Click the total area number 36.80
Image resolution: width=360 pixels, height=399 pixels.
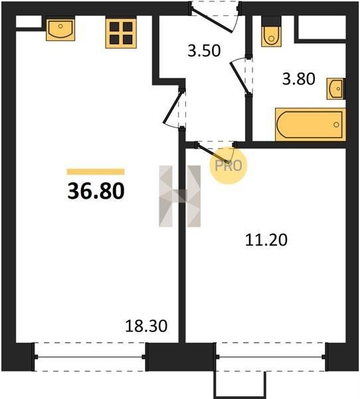96,191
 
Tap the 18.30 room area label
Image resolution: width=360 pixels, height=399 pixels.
146,326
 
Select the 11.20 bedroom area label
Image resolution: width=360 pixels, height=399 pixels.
266,239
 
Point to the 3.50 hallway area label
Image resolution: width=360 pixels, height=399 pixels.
204,51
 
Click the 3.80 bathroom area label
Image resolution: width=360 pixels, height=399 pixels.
299,78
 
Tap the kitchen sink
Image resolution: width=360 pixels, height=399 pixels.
60,29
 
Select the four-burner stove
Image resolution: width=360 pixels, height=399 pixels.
121,33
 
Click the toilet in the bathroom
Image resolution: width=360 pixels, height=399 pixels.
271,32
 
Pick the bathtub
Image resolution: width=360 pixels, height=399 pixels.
310,124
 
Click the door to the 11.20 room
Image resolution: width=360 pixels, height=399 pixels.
214,154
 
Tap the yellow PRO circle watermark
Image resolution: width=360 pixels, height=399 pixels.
228,166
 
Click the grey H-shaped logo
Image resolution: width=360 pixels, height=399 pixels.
180,196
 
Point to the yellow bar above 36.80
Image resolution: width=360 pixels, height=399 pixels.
96,172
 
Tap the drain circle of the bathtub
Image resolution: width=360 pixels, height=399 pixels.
336,125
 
